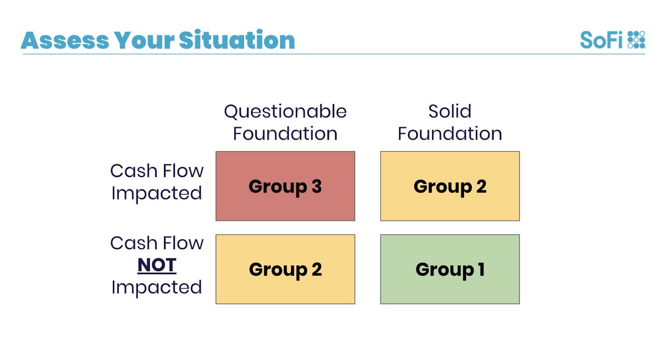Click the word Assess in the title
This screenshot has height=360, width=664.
coord(65,40)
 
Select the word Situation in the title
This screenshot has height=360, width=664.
coord(237,40)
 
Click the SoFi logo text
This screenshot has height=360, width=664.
coord(601,40)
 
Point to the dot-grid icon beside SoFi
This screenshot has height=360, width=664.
coord(637,40)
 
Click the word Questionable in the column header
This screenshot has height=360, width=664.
coord(285,112)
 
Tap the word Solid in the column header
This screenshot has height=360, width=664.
coord(450,112)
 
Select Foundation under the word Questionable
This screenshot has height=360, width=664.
coord(285,133)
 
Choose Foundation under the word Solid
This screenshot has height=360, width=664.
coord(450,133)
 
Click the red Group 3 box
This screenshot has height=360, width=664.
coord(285,186)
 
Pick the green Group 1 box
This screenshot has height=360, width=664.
coord(450,269)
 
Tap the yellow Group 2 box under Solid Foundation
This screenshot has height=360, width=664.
coord(450,186)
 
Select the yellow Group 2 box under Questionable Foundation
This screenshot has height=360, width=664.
coord(285,269)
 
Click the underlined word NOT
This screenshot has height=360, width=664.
coord(157,265)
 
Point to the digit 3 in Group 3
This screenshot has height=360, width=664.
coord(316,186)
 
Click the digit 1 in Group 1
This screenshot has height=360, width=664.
coord(481,269)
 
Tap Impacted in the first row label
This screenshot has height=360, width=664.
coord(156,194)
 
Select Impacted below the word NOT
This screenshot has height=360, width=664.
coord(156,288)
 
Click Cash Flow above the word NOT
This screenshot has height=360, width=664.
coord(157,243)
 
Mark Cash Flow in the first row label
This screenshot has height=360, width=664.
coord(157,171)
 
